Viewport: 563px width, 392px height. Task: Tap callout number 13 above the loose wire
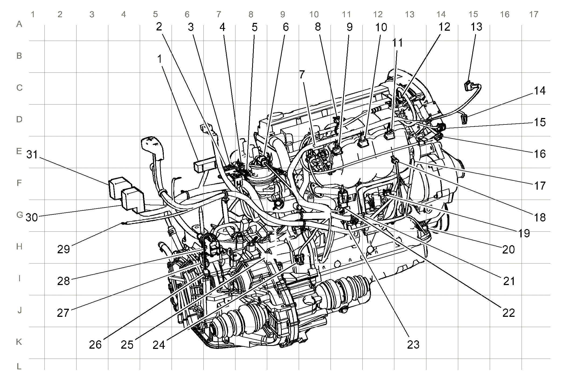[x=476, y=27]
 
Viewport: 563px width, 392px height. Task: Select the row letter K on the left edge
[x=19, y=342]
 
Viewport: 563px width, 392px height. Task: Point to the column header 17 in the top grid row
[x=534, y=14]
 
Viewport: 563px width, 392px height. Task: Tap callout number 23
[x=413, y=345]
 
